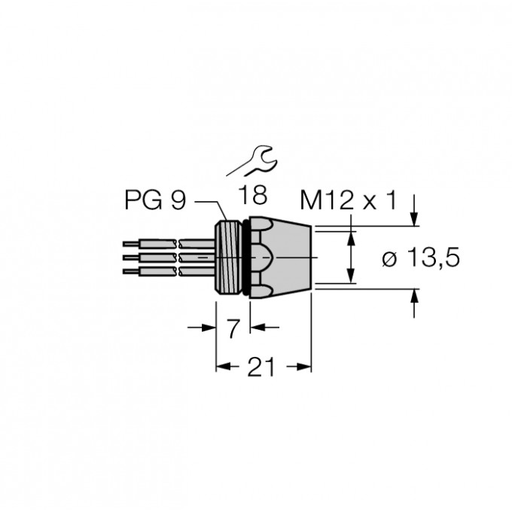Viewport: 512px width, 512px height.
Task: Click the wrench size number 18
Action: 253,196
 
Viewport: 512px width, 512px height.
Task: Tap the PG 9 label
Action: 154,201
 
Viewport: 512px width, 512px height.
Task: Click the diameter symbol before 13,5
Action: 389,259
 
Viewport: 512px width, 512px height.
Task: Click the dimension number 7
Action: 233,327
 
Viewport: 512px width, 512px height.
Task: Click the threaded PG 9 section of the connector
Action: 230,256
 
